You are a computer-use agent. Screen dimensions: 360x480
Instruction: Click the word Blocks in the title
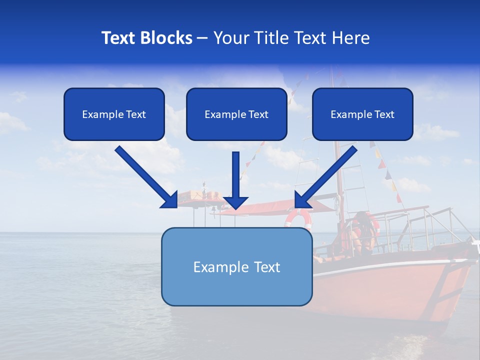point(166,38)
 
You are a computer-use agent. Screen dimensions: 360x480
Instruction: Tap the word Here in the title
point(352,38)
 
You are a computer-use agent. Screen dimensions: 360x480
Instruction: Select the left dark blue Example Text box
point(114,114)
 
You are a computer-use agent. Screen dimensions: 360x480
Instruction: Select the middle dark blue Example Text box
point(236,114)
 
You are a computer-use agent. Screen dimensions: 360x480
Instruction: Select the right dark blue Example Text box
point(362,114)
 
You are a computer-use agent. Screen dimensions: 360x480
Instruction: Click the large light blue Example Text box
point(236,266)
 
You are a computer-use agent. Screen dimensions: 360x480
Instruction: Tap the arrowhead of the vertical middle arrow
point(235,202)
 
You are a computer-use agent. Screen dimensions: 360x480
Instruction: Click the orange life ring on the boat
point(298,218)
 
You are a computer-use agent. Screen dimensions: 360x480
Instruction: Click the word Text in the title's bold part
point(118,38)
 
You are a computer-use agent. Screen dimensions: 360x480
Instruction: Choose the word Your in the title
point(229,38)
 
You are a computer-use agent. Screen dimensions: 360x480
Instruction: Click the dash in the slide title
point(202,38)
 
